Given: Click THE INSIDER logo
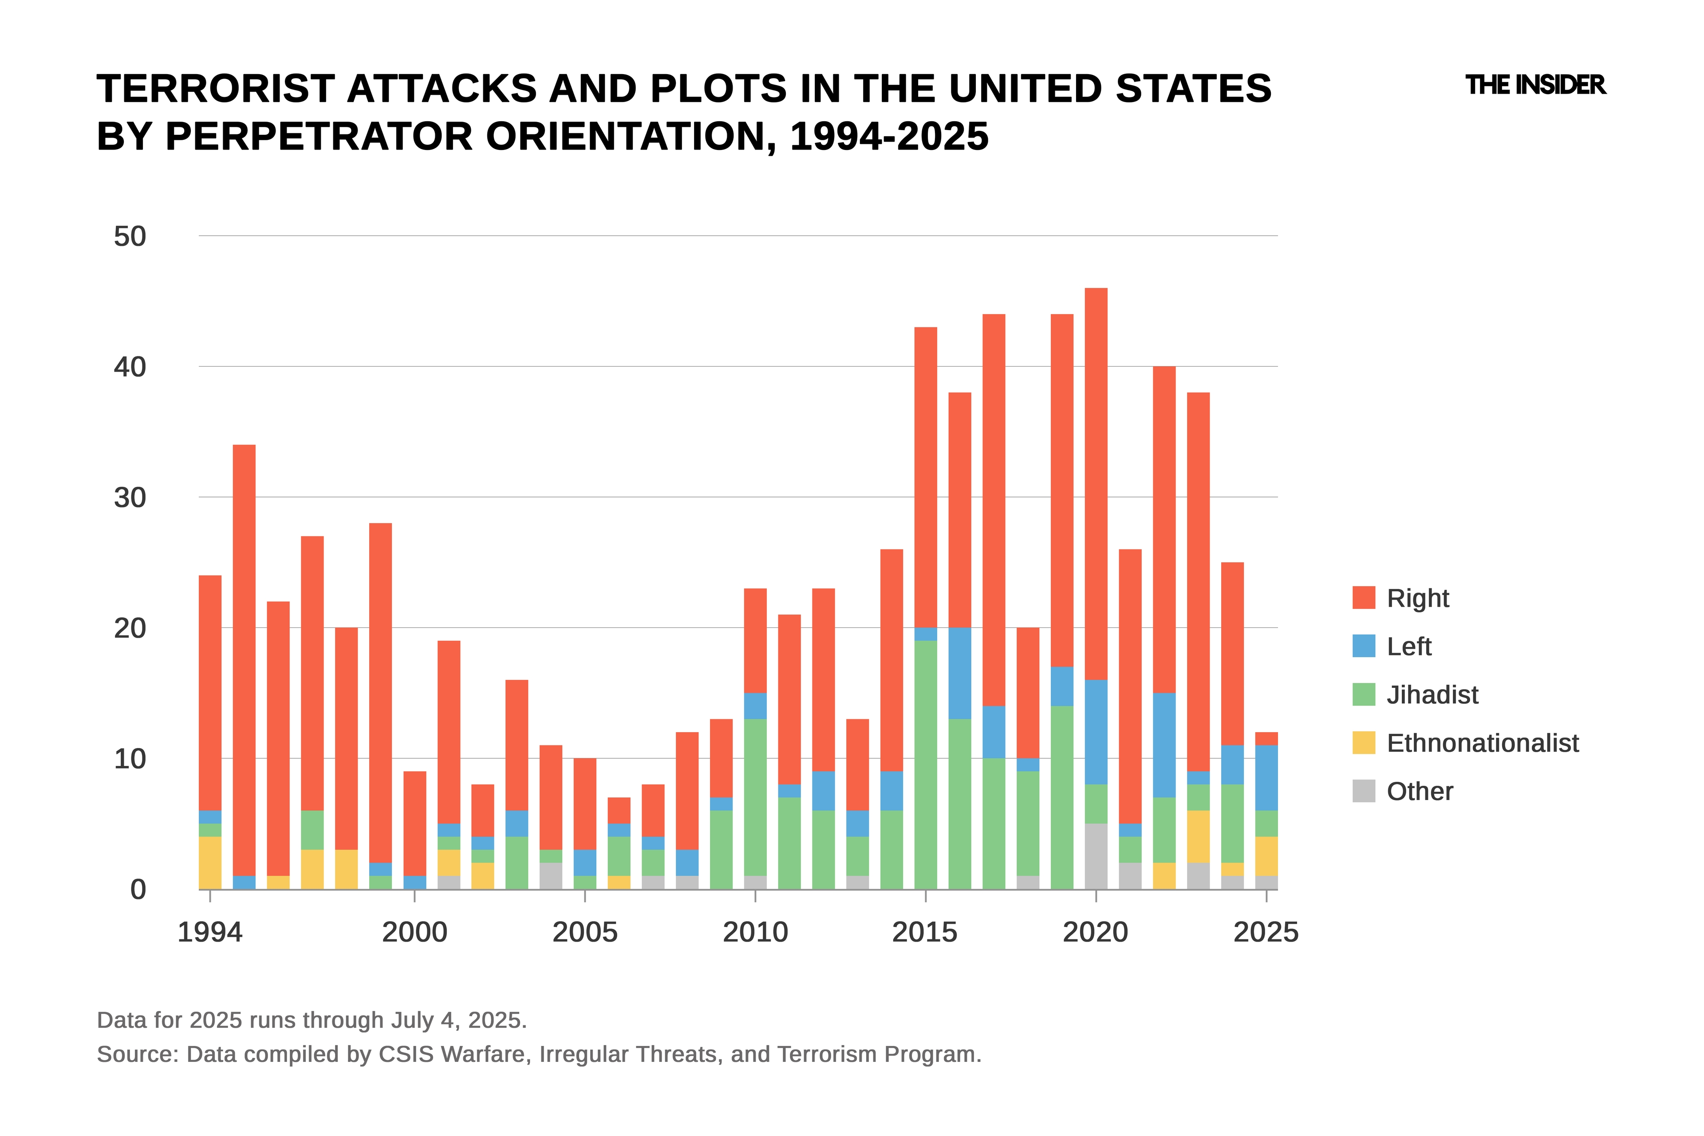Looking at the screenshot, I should pos(1535,86).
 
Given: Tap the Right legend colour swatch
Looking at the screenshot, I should pos(1364,598).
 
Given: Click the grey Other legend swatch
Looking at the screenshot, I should pos(1364,791).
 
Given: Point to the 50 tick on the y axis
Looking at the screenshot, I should pos(130,236).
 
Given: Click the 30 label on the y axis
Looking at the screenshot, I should pos(130,498).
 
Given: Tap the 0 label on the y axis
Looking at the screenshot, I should pos(138,890).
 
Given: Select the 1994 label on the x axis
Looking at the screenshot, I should pos(210,932).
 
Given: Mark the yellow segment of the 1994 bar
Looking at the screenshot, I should pos(210,863).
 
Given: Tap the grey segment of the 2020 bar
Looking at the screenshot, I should pos(1096,856).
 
